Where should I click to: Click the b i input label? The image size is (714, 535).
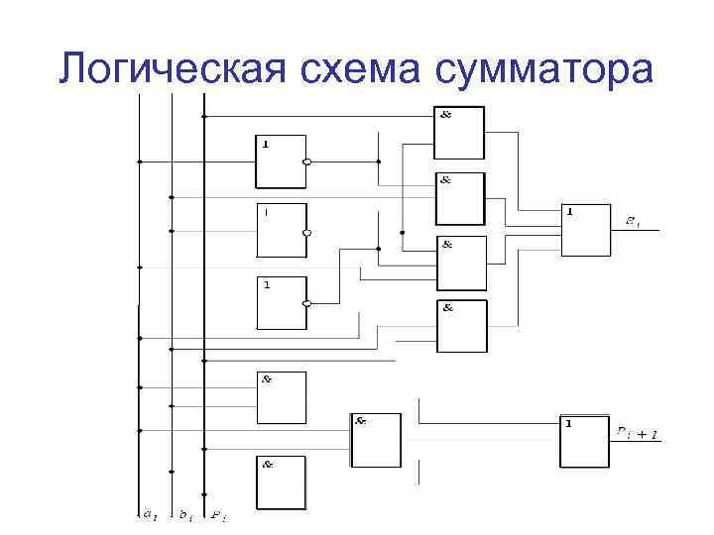[183, 514]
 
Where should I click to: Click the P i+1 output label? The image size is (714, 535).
[637, 432]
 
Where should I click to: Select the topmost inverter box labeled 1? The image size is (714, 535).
[282, 161]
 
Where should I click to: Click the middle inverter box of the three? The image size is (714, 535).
[282, 231]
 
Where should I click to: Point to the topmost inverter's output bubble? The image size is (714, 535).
[307, 162]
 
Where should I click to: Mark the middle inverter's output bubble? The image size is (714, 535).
[307, 233]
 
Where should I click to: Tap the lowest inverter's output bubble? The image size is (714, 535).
[307, 304]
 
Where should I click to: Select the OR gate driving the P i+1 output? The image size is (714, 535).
[585, 442]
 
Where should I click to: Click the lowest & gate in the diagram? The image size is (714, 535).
[282, 482]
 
